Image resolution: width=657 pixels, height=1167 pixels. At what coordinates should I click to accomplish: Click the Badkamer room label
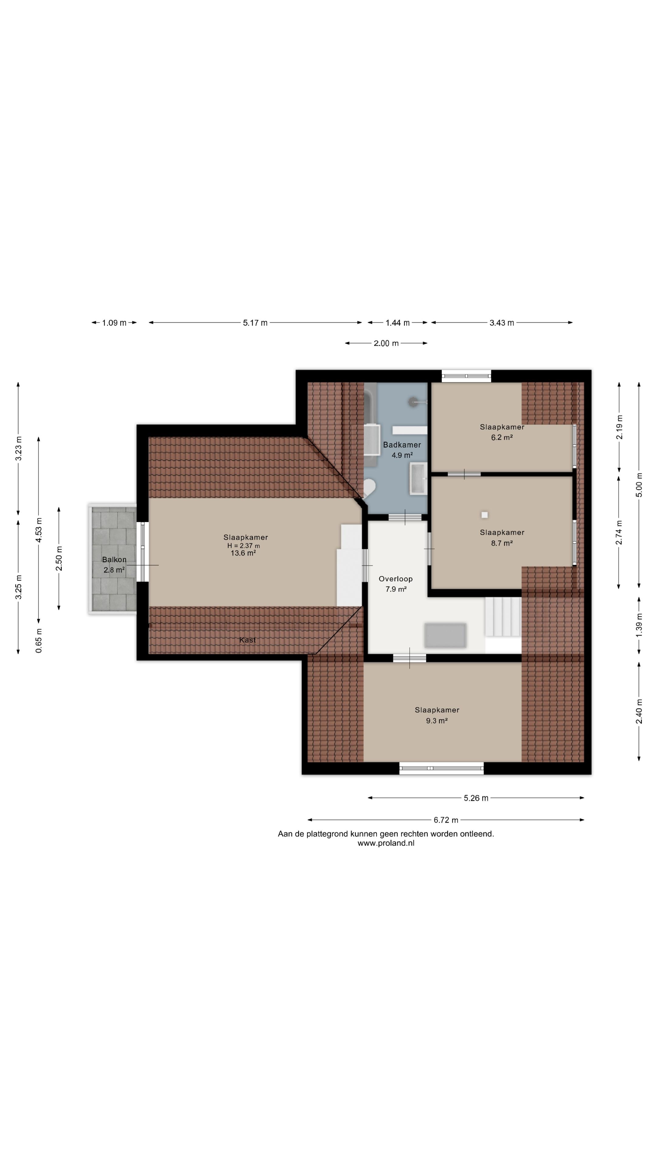click(402, 445)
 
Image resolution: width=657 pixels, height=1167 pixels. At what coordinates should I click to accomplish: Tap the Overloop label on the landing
click(395, 579)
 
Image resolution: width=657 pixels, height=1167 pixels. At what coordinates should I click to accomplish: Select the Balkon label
click(114, 560)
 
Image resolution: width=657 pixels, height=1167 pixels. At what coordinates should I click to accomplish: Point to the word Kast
click(248, 640)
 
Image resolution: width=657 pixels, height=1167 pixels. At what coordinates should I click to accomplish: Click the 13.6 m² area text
click(243, 553)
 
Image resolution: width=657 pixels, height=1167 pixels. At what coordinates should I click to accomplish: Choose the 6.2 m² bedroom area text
click(502, 438)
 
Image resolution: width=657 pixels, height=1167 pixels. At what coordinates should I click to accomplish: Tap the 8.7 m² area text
click(502, 543)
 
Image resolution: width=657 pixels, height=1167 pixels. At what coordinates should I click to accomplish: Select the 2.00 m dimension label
click(386, 343)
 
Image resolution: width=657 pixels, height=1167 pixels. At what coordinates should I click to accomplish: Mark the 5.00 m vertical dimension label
click(639, 485)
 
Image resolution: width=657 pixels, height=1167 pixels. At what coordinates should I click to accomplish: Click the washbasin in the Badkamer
click(418, 478)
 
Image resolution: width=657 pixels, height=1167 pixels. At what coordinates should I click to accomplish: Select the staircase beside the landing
click(503, 617)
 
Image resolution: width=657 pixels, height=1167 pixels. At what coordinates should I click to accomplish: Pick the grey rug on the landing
click(445, 635)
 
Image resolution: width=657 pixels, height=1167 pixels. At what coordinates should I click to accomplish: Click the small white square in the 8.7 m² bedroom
click(485, 515)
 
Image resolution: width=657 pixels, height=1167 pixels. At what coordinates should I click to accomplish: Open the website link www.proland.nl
click(386, 843)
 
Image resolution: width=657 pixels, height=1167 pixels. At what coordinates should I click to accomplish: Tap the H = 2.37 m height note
click(243, 546)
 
